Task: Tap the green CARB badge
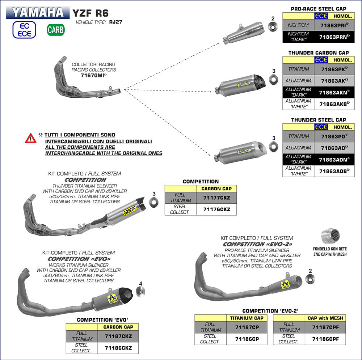click(55, 30)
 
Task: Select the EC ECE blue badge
click(24, 30)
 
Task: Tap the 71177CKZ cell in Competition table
click(216, 198)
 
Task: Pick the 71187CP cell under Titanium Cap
click(247, 327)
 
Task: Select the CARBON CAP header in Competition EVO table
click(118, 327)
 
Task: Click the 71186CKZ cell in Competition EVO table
click(118, 348)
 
